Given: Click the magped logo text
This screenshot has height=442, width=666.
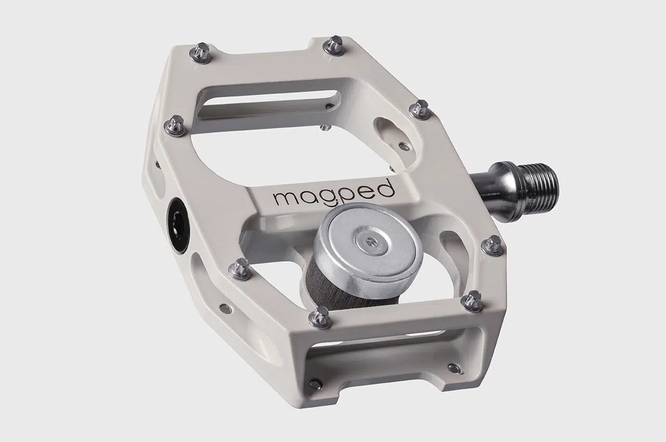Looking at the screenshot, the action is [335, 194].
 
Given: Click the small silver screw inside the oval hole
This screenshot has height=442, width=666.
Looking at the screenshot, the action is [404, 146].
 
